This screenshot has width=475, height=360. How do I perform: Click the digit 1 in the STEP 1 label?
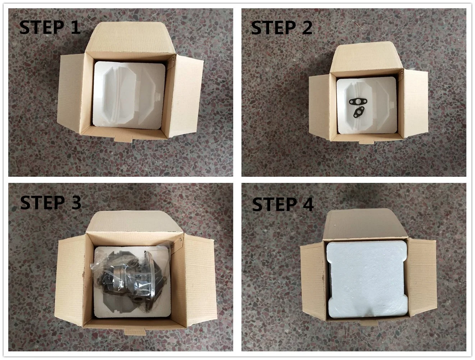pos(75,27)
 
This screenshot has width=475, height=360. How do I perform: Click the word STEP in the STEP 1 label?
pos(42,27)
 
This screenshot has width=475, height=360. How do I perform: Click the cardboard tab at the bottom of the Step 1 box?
pos(123,139)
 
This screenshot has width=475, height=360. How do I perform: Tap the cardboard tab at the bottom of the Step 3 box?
pos(135,331)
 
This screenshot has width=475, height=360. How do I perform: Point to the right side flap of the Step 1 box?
pos(186,96)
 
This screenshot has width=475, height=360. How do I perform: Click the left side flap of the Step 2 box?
pos(320,107)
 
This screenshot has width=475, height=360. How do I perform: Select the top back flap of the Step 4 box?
pos(366,225)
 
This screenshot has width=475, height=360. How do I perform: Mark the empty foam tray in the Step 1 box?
pos(129,95)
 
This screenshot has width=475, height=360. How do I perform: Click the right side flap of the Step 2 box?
pos(415,103)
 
